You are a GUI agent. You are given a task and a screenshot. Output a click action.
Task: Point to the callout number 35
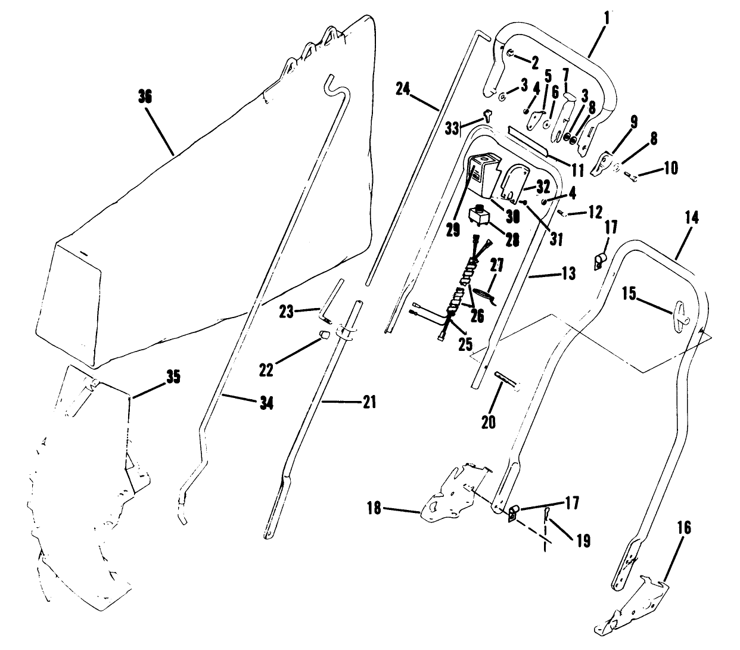[172, 377]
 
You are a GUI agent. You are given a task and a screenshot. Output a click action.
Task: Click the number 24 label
[403, 89]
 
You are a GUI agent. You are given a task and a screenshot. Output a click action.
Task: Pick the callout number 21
[369, 402]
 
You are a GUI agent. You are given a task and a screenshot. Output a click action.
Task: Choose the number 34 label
[266, 403]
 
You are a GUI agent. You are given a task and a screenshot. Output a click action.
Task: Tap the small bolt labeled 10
[633, 176]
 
